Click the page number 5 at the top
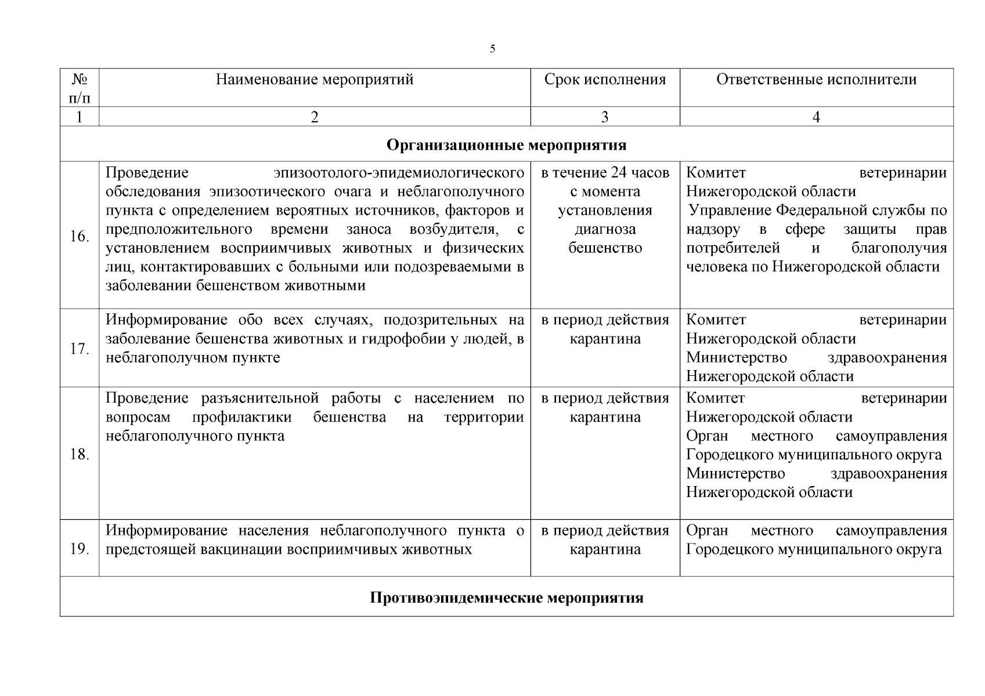[492, 49]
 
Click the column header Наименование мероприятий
[315, 79]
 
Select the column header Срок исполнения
[605, 79]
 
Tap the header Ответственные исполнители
[816, 79]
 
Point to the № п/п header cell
[80, 87]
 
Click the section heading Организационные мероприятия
[506, 144]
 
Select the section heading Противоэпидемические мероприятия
[506, 597]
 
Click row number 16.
[80, 237]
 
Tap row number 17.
[80, 349]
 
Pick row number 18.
[80, 454]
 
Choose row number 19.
[80, 549]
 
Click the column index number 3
[605, 117]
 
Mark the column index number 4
[816, 117]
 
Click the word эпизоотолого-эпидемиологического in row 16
[399, 173]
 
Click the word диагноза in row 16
[605, 229]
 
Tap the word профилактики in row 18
[242, 418]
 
